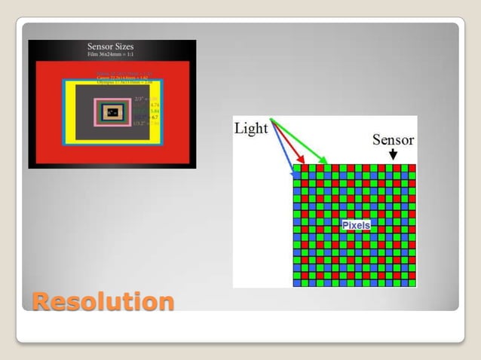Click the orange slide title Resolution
click(x=103, y=301)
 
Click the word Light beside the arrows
click(x=251, y=128)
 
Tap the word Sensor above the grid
click(x=393, y=139)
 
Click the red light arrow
click(x=290, y=145)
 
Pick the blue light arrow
click(x=283, y=151)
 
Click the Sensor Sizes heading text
click(x=111, y=47)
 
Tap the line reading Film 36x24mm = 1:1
click(x=111, y=56)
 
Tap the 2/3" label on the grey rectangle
click(x=138, y=99)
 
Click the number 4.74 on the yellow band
click(x=155, y=104)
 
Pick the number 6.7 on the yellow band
click(x=154, y=117)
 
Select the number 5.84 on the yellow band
click(x=155, y=111)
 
